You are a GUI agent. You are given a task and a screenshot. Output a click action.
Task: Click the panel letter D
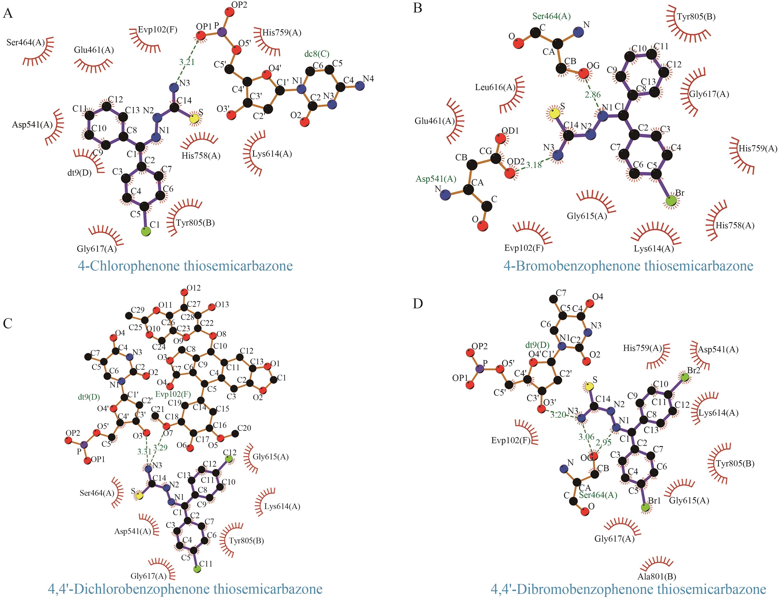point(418,304)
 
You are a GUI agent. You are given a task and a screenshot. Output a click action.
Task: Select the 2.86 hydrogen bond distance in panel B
point(593,95)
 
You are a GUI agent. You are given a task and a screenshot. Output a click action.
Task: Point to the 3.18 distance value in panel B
point(534,165)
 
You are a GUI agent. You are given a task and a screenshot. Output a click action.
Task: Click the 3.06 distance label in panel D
point(586,437)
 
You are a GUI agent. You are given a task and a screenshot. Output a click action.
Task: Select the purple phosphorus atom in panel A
point(222,32)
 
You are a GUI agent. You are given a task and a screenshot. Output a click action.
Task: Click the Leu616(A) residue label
point(495,87)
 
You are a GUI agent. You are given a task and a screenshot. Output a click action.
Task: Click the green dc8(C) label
point(317,54)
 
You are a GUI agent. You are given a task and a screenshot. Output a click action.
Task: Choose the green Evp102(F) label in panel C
point(173,394)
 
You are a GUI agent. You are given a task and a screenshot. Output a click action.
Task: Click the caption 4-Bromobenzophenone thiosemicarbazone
point(628,266)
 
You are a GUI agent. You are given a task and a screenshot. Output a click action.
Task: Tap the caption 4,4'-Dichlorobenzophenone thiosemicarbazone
point(185,589)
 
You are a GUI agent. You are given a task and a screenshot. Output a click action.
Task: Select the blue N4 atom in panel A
point(360,85)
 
